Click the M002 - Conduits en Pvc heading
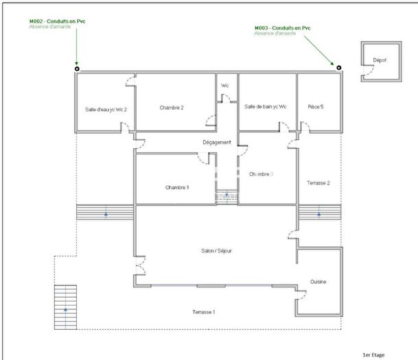click(x=57, y=21)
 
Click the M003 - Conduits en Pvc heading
click(x=283, y=27)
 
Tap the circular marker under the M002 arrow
click(x=77, y=68)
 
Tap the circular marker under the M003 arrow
click(x=338, y=67)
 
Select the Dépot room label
click(x=380, y=60)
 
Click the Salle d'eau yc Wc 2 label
click(x=106, y=108)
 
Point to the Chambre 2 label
click(x=172, y=108)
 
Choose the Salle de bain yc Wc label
click(x=266, y=107)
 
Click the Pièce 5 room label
click(x=316, y=107)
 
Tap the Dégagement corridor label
click(x=217, y=143)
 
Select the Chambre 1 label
click(x=177, y=187)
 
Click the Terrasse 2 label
click(x=318, y=183)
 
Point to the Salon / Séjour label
click(x=217, y=251)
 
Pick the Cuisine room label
click(x=318, y=283)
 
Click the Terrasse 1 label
click(x=204, y=312)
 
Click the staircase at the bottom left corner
click(x=66, y=307)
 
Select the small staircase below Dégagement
click(x=226, y=197)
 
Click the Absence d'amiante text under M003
click(x=276, y=33)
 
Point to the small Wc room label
click(x=224, y=85)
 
